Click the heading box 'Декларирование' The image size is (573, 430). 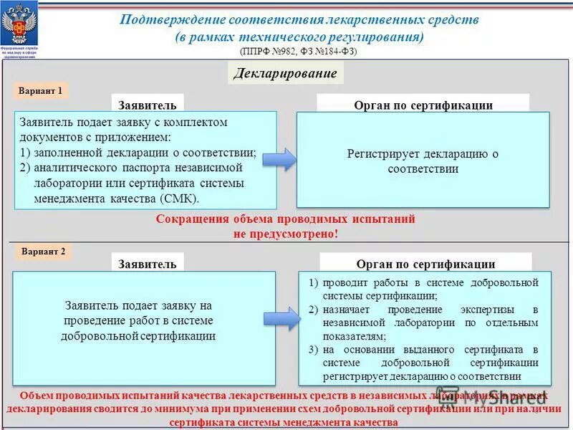coord(285,73)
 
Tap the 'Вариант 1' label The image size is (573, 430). coord(42,91)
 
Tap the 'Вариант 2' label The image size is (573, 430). coord(43,252)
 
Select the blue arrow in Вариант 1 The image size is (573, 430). coord(285,160)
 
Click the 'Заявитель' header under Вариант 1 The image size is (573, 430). coord(148,105)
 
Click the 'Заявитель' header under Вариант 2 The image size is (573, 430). coord(148,264)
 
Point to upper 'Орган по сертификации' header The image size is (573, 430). coord(423,105)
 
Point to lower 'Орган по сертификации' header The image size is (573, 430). coord(425,264)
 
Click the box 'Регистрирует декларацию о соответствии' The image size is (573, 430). coord(423,161)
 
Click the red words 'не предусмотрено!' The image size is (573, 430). coord(285,233)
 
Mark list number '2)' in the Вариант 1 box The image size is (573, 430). coord(26,168)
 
